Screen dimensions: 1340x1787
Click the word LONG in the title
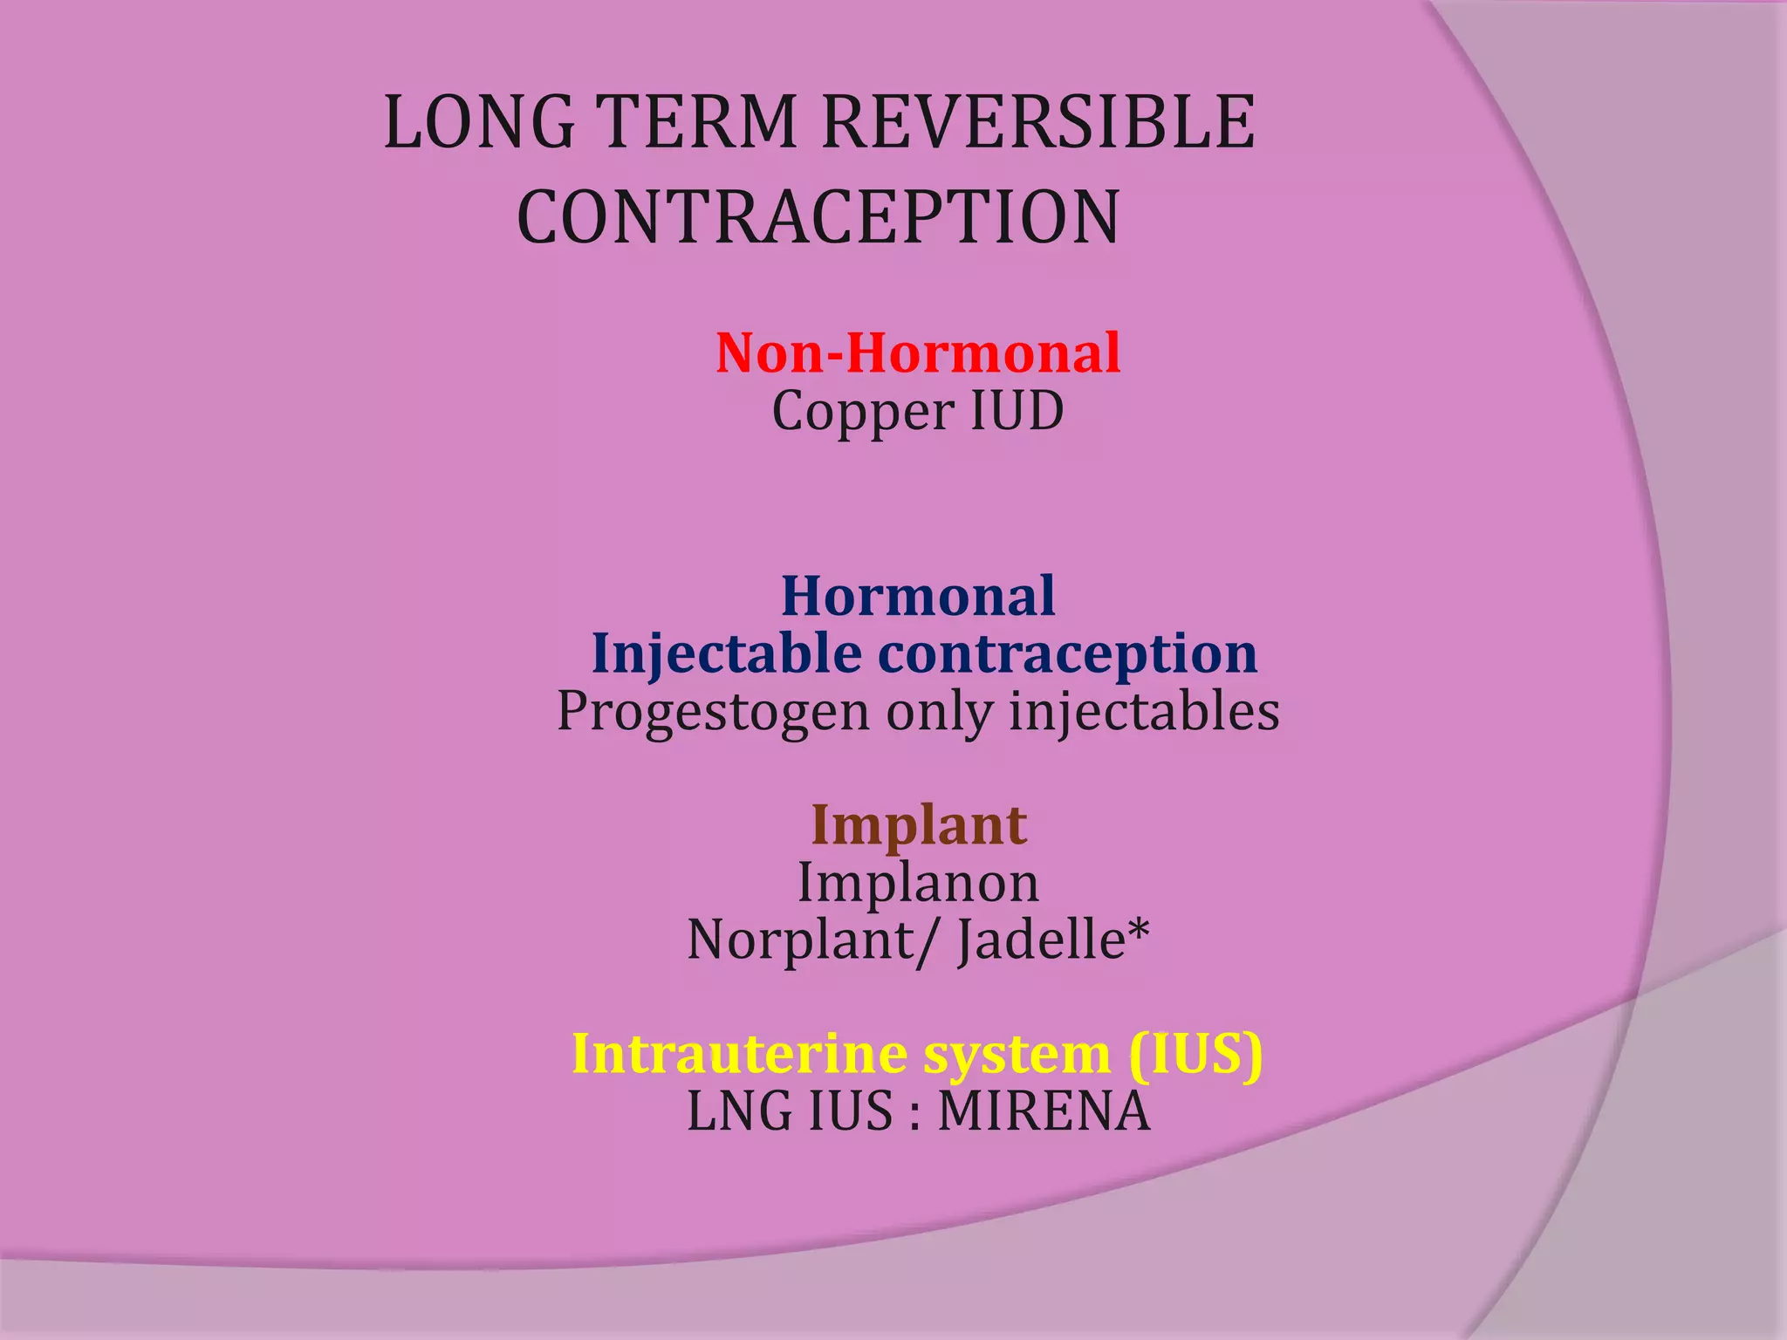(x=479, y=122)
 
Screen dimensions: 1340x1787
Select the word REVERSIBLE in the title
(x=1037, y=122)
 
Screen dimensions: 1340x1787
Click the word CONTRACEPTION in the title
(x=818, y=217)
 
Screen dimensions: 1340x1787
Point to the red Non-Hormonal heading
(x=917, y=353)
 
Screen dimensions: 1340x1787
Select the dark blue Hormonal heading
(x=917, y=597)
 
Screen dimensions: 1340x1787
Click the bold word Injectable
(x=726, y=654)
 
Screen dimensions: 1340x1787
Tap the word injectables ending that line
(x=1144, y=711)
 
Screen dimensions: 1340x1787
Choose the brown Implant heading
(x=919, y=826)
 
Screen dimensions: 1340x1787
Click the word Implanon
(x=918, y=884)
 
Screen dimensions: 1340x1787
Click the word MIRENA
(x=1044, y=1112)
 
